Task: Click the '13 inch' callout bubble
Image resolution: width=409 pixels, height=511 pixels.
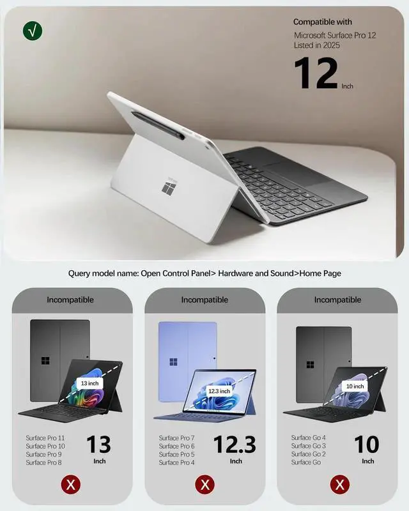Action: [89, 383]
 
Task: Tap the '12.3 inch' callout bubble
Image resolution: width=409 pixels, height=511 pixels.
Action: [219, 390]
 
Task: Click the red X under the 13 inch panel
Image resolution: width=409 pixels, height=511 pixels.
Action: [71, 485]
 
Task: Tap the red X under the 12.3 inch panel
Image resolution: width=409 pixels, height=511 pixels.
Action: [205, 485]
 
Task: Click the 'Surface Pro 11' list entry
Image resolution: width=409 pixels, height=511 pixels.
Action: [45, 438]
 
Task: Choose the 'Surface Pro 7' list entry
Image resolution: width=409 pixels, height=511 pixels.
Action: [177, 438]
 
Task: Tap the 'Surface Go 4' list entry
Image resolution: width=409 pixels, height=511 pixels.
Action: [309, 438]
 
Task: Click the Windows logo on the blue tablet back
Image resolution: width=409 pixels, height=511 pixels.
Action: [174, 362]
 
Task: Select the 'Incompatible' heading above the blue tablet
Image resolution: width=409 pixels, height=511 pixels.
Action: [204, 300]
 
